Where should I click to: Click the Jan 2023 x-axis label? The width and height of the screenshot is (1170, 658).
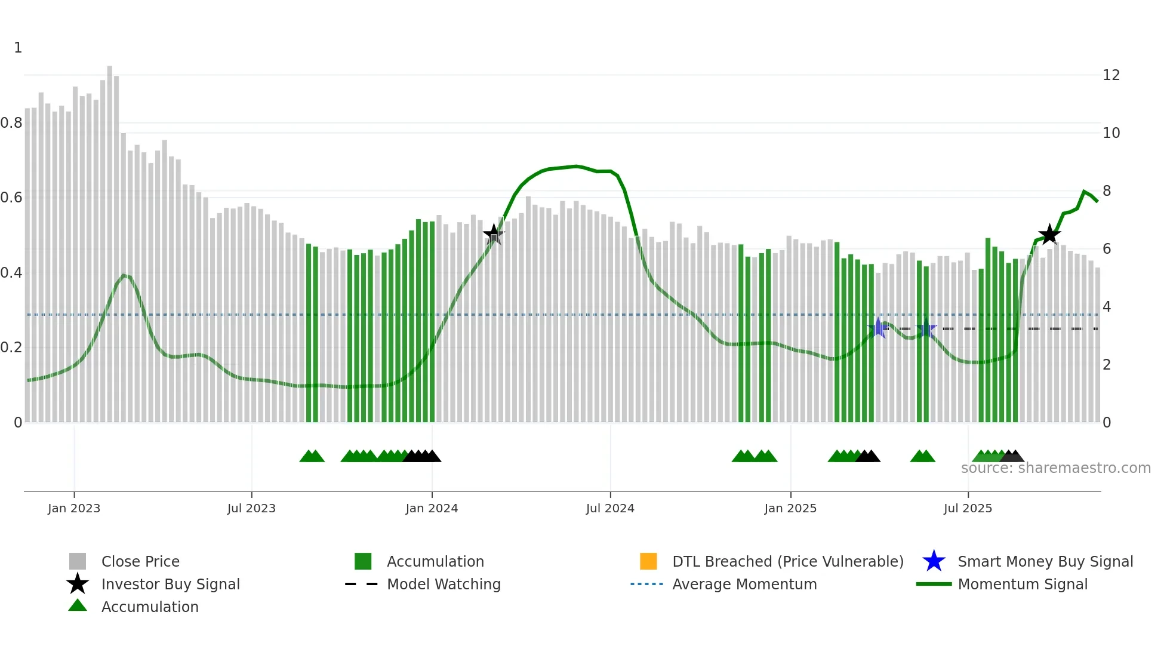click(x=74, y=508)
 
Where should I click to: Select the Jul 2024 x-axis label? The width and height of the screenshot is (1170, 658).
click(x=610, y=508)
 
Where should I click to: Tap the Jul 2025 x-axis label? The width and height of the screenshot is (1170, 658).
click(x=968, y=508)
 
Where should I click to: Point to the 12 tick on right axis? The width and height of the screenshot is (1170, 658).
click(x=1111, y=75)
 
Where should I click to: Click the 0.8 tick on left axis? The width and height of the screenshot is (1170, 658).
click(x=12, y=123)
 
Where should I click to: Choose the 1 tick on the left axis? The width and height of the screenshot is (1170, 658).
click(x=18, y=48)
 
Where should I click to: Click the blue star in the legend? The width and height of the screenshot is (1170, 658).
click(x=934, y=561)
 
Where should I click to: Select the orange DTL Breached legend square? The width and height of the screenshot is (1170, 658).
click(x=648, y=561)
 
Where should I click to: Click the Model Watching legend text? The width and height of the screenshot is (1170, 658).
click(x=444, y=584)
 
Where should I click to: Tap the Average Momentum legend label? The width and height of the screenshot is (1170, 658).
click(x=744, y=584)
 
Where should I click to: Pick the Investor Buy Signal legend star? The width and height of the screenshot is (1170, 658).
click(x=78, y=584)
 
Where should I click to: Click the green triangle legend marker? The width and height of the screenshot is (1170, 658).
click(x=78, y=605)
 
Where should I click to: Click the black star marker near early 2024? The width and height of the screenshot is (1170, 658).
click(x=494, y=234)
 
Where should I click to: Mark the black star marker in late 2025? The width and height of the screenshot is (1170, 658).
click(x=1049, y=235)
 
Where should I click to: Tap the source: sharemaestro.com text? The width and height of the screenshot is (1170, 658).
click(x=1055, y=468)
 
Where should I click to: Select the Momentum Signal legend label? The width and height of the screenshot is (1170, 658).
click(x=1023, y=584)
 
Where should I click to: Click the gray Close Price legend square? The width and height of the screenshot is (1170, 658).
click(x=78, y=561)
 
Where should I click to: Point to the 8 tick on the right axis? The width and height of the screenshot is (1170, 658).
click(x=1107, y=191)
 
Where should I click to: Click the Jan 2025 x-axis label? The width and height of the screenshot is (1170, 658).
click(x=790, y=508)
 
